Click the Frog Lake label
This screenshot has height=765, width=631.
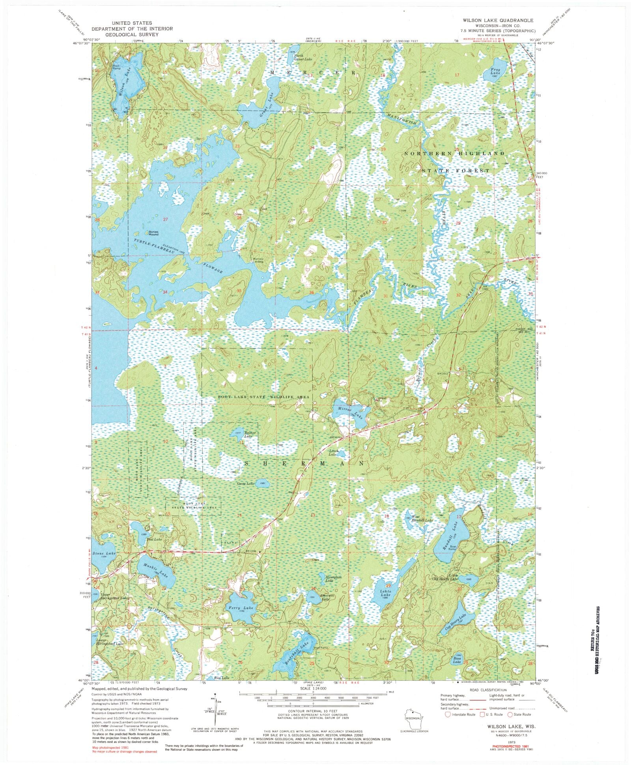coord(495,71)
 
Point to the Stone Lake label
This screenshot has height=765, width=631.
coord(104,553)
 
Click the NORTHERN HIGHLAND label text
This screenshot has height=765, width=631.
coord(454,153)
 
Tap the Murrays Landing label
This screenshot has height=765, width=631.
coord(258,261)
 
